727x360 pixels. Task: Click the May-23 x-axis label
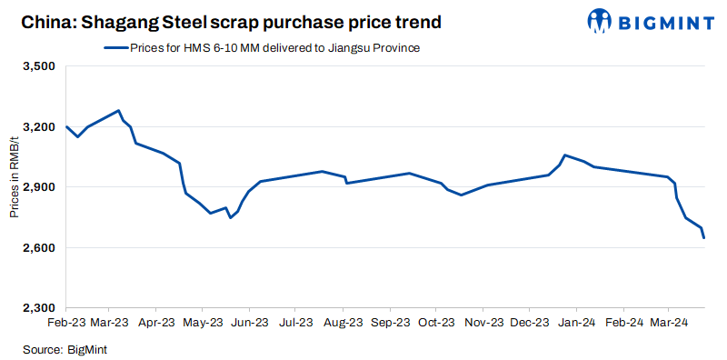coord(203,323)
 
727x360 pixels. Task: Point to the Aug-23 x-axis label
coord(343,323)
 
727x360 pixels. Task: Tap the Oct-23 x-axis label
coord(435,323)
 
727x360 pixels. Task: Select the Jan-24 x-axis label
coord(575,323)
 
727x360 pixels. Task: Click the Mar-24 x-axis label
coord(668,323)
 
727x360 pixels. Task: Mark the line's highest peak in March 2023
coord(119,111)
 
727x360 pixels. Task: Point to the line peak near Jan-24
coord(565,155)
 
